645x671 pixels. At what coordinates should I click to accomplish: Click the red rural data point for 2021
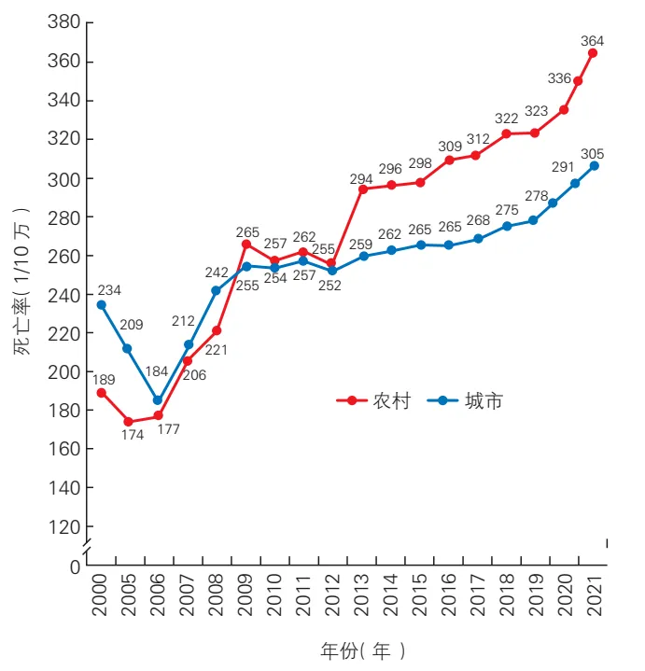click(x=593, y=53)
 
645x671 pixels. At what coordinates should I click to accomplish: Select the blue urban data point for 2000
click(x=101, y=305)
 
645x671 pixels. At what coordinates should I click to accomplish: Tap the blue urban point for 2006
click(x=159, y=400)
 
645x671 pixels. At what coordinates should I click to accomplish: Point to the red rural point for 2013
click(x=362, y=189)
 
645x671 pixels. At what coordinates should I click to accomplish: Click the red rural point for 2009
click(x=246, y=245)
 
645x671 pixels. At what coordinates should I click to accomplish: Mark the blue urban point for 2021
click(x=594, y=166)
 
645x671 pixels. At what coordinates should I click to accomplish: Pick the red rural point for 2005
click(x=129, y=422)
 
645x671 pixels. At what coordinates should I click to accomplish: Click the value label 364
click(x=592, y=41)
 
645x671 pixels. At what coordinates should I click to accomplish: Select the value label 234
click(x=109, y=290)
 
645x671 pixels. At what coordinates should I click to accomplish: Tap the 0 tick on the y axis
click(x=75, y=566)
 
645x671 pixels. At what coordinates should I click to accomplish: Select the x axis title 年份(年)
click(x=362, y=650)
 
